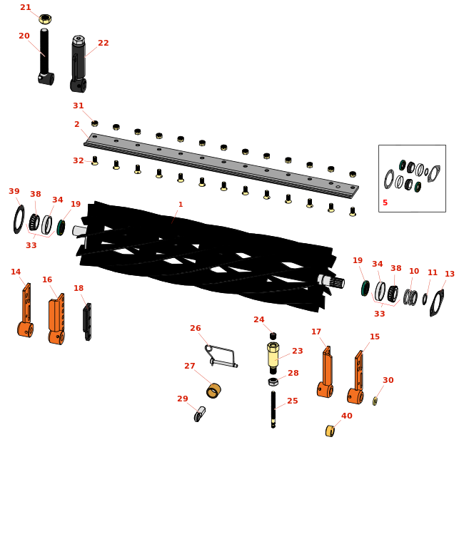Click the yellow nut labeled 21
[x=45, y=19]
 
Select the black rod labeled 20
[x=45, y=57]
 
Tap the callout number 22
[x=104, y=43]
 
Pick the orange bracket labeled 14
[x=25, y=310]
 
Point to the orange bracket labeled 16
[x=56, y=319]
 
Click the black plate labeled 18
[x=87, y=322]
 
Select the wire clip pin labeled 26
[x=221, y=356]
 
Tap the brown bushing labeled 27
[x=213, y=391]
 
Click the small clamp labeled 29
[x=200, y=414]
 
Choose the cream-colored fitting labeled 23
[x=273, y=356]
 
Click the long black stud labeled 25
[x=273, y=409]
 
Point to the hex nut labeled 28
[x=273, y=381]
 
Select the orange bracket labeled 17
[x=325, y=373]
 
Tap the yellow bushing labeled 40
[x=330, y=431]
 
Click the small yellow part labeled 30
[x=375, y=401]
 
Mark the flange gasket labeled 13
[x=437, y=302]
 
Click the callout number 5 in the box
[x=385, y=202]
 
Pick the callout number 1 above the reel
[x=181, y=205]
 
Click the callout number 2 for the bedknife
[x=77, y=124]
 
